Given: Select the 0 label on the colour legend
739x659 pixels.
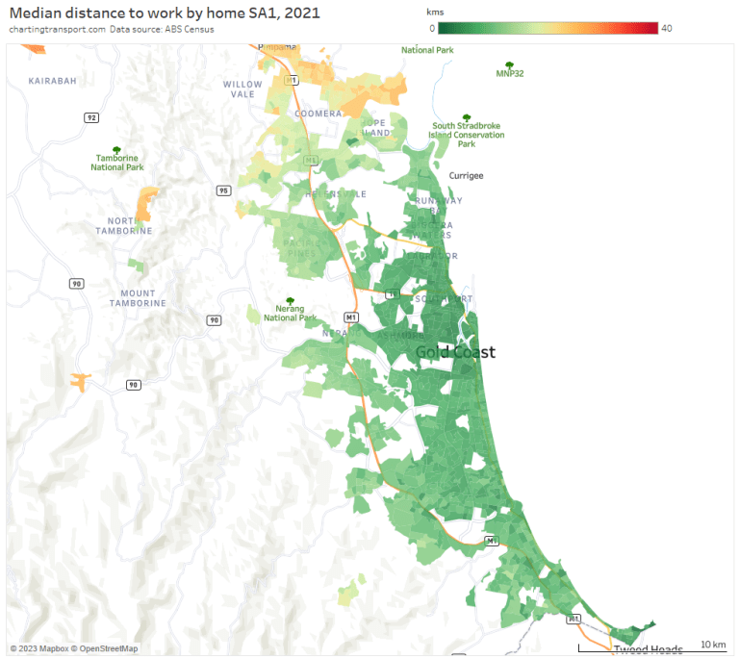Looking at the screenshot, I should tap(431, 28).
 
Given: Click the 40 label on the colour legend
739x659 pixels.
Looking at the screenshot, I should tap(666, 28).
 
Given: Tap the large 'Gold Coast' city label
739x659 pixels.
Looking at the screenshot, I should tap(455, 352).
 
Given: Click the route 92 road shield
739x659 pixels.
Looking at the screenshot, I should tap(91, 117).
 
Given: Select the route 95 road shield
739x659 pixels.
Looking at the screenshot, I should tap(223, 190).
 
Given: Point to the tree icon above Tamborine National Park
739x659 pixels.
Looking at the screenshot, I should tap(116, 150).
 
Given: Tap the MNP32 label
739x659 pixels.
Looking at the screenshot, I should tap(509, 73).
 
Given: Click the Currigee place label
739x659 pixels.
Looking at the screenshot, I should tap(466, 176).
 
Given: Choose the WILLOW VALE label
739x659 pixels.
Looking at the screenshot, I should tap(242, 89).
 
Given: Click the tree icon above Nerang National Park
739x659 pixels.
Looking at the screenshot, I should tap(290, 301).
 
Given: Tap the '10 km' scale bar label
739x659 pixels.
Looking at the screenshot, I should tap(712, 644).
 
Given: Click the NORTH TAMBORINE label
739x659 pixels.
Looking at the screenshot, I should tap(124, 226).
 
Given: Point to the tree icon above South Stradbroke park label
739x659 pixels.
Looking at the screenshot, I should tap(467, 117).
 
